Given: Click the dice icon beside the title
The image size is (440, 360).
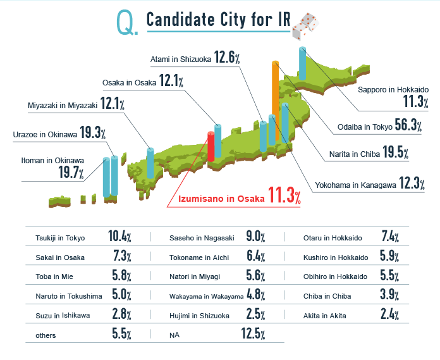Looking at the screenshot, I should pyautogui.click(x=302, y=22).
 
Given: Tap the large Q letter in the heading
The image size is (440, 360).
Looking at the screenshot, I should pyautogui.click(x=125, y=23).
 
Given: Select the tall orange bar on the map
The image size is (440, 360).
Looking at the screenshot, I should pyautogui.click(x=275, y=95).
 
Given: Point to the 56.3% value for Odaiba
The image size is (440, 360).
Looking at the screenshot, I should pyautogui.click(x=408, y=125).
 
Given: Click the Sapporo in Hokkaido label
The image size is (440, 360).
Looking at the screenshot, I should pyautogui.click(x=393, y=90).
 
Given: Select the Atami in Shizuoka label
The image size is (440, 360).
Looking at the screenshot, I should pyautogui.click(x=181, y=59).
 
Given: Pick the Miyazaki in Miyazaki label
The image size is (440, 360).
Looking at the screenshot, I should pyautogui.click(x=63, y=105).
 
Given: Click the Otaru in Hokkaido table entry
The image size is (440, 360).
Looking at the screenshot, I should pyautogui.click(x=333, y=239).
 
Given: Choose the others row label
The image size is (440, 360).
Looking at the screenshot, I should pyautogui.click(x=46, y=335).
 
